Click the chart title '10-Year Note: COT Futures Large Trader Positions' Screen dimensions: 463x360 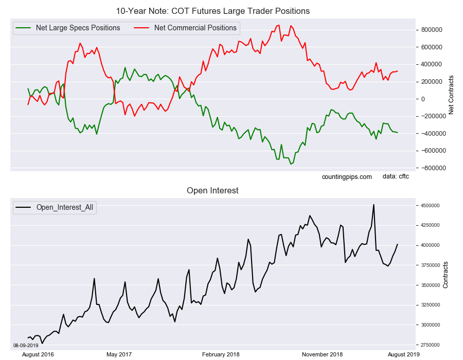pos(212,11)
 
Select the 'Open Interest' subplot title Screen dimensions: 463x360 pos(212,190)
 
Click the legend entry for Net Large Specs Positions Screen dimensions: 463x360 pos(67,28)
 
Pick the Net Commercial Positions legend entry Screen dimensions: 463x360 pos(185,28)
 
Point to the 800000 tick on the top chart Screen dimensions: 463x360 pos(431,30)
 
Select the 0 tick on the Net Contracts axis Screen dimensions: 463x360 pos(423,99)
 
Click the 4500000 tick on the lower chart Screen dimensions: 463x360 pos(428,205)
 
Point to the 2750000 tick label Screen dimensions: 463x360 pos(428,345)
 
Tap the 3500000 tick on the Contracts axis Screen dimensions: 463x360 pos(428,285)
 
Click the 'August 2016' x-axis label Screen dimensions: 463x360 pos(38,354)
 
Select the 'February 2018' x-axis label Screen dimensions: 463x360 pos(221,354)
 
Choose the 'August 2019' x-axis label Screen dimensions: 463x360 pos(403,354)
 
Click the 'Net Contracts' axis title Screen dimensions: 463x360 pos(451,95)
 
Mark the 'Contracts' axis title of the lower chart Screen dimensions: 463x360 pos(446,275)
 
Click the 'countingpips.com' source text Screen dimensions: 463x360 pos(347,177)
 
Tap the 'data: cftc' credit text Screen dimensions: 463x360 pos(396,176)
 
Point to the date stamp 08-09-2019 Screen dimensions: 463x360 pos(26,345)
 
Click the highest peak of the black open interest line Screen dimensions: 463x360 pos(373,205)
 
